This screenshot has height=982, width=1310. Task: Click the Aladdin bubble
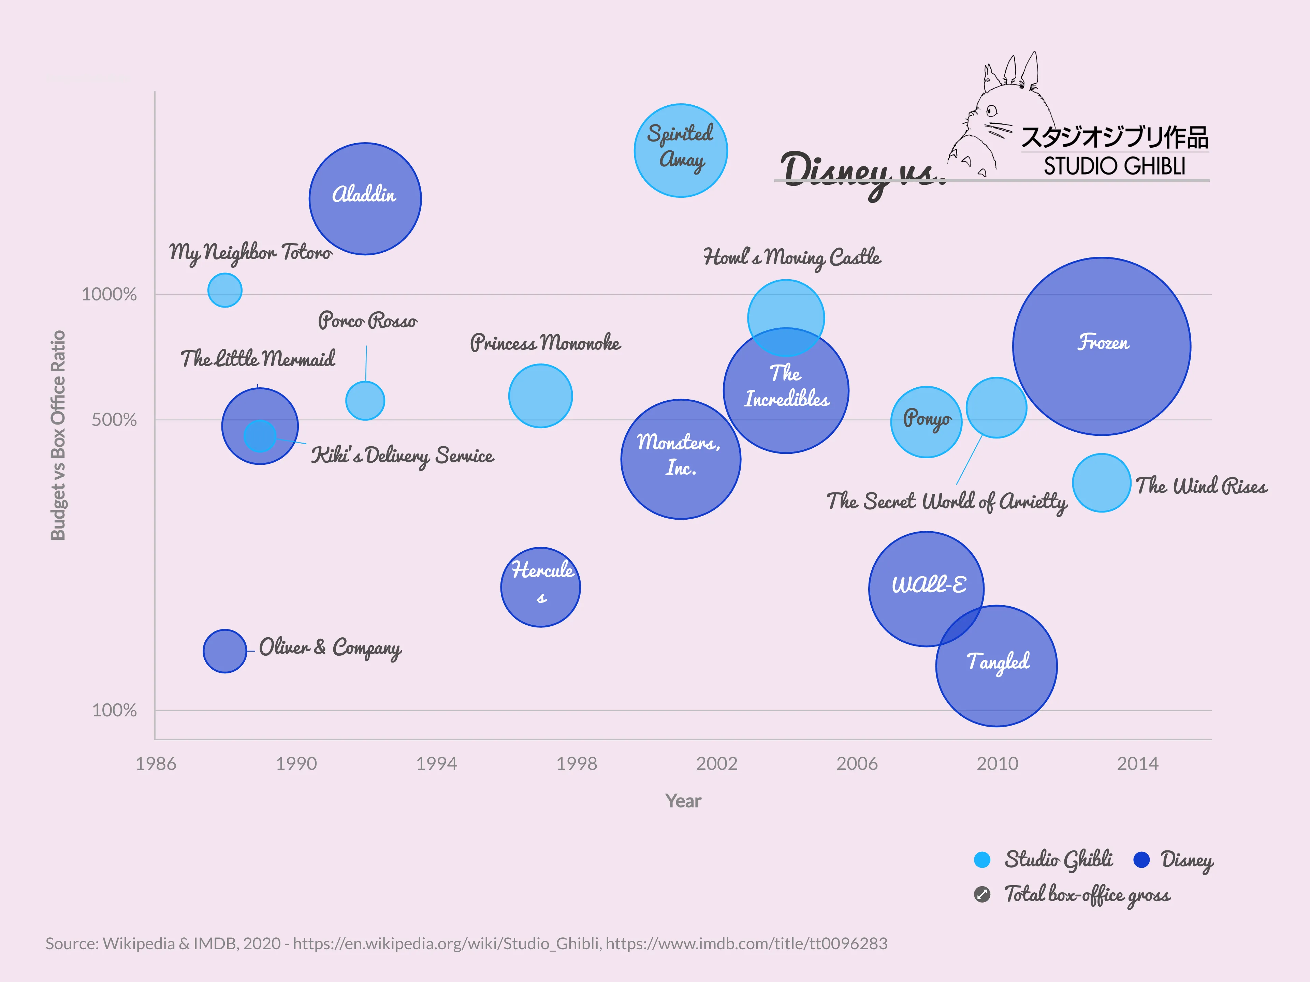[x=365, y=199]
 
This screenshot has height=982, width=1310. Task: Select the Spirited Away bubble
[x=681, y=150]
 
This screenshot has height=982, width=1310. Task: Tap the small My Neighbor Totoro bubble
[x=224, y=290]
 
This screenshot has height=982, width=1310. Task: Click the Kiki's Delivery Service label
[x=402, y=456]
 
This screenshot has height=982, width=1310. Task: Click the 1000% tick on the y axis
[x=109, y=294]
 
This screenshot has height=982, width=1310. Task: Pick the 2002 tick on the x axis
[x=717, y=763]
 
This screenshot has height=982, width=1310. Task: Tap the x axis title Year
[x=683, y=801]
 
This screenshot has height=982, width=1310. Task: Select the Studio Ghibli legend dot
[x=982, y=860]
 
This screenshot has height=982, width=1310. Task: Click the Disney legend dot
[x=1141, y=860]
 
